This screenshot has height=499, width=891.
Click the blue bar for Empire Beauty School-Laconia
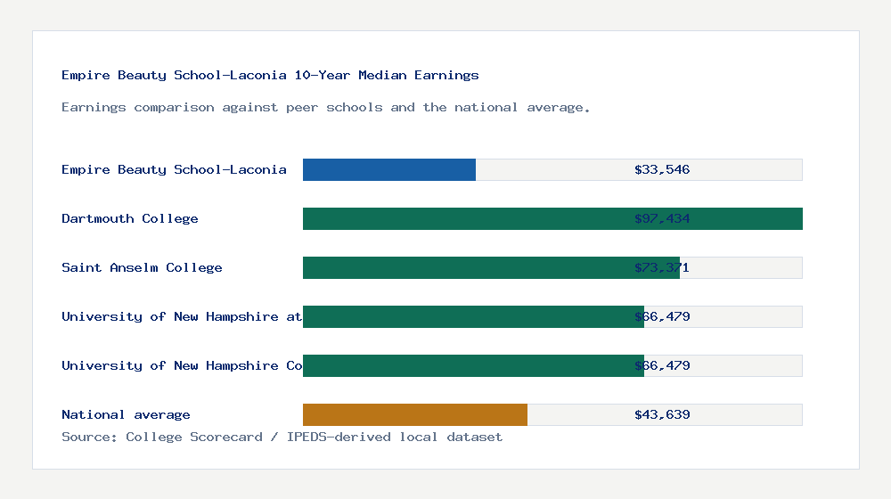[389, 169]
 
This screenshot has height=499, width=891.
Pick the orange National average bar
[415, 414]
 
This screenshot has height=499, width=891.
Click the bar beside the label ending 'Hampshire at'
[473, 316]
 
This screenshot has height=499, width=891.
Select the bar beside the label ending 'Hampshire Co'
[473, 365]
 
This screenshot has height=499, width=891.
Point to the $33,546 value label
[662, 169]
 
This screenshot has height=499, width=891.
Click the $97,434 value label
[662, 218]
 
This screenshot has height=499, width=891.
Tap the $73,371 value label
[662, 267]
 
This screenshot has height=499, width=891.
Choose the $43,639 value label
[662, 414]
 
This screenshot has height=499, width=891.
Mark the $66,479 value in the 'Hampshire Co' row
[662, 365]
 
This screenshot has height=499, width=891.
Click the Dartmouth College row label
[130, 218]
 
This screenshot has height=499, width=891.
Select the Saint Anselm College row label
[142, 267]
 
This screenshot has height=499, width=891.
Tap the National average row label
[126, 414]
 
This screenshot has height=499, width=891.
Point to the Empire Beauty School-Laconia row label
[174, 169]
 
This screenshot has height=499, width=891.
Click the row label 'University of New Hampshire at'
[182, 316]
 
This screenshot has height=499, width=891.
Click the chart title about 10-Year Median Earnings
[270, 75]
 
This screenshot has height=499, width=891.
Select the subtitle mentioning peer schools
[326, 107]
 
